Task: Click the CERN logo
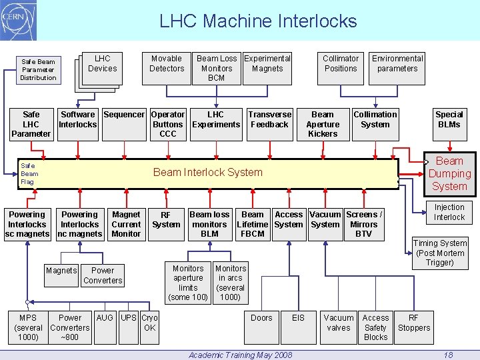[x=19, y=20]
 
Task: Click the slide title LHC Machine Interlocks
[x=258, y=21]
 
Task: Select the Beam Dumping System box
[x=449, y=174]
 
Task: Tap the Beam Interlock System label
[x=208, y=172]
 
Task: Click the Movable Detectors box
[x=167, y=64]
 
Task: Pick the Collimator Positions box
[x=341, y=64]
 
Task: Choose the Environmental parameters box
[x=397, y=64]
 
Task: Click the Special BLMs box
[x=449, y=119]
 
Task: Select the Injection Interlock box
[x=449, y=213]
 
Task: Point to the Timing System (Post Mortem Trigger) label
[x=440, y=253]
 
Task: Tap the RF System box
[x=166, y=220]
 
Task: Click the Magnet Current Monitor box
[x=126, y=224]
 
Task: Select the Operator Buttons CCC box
[x=168, y=124]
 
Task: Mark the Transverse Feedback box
[x=270, y=120]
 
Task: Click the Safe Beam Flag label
[x=29, y=173]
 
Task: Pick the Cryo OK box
[x=149, y=323]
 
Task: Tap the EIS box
[x=298, y=319]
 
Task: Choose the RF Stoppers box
[x=414, y=323]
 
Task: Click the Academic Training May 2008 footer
[x=240, y=355]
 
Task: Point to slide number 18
[x=449, y=355]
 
